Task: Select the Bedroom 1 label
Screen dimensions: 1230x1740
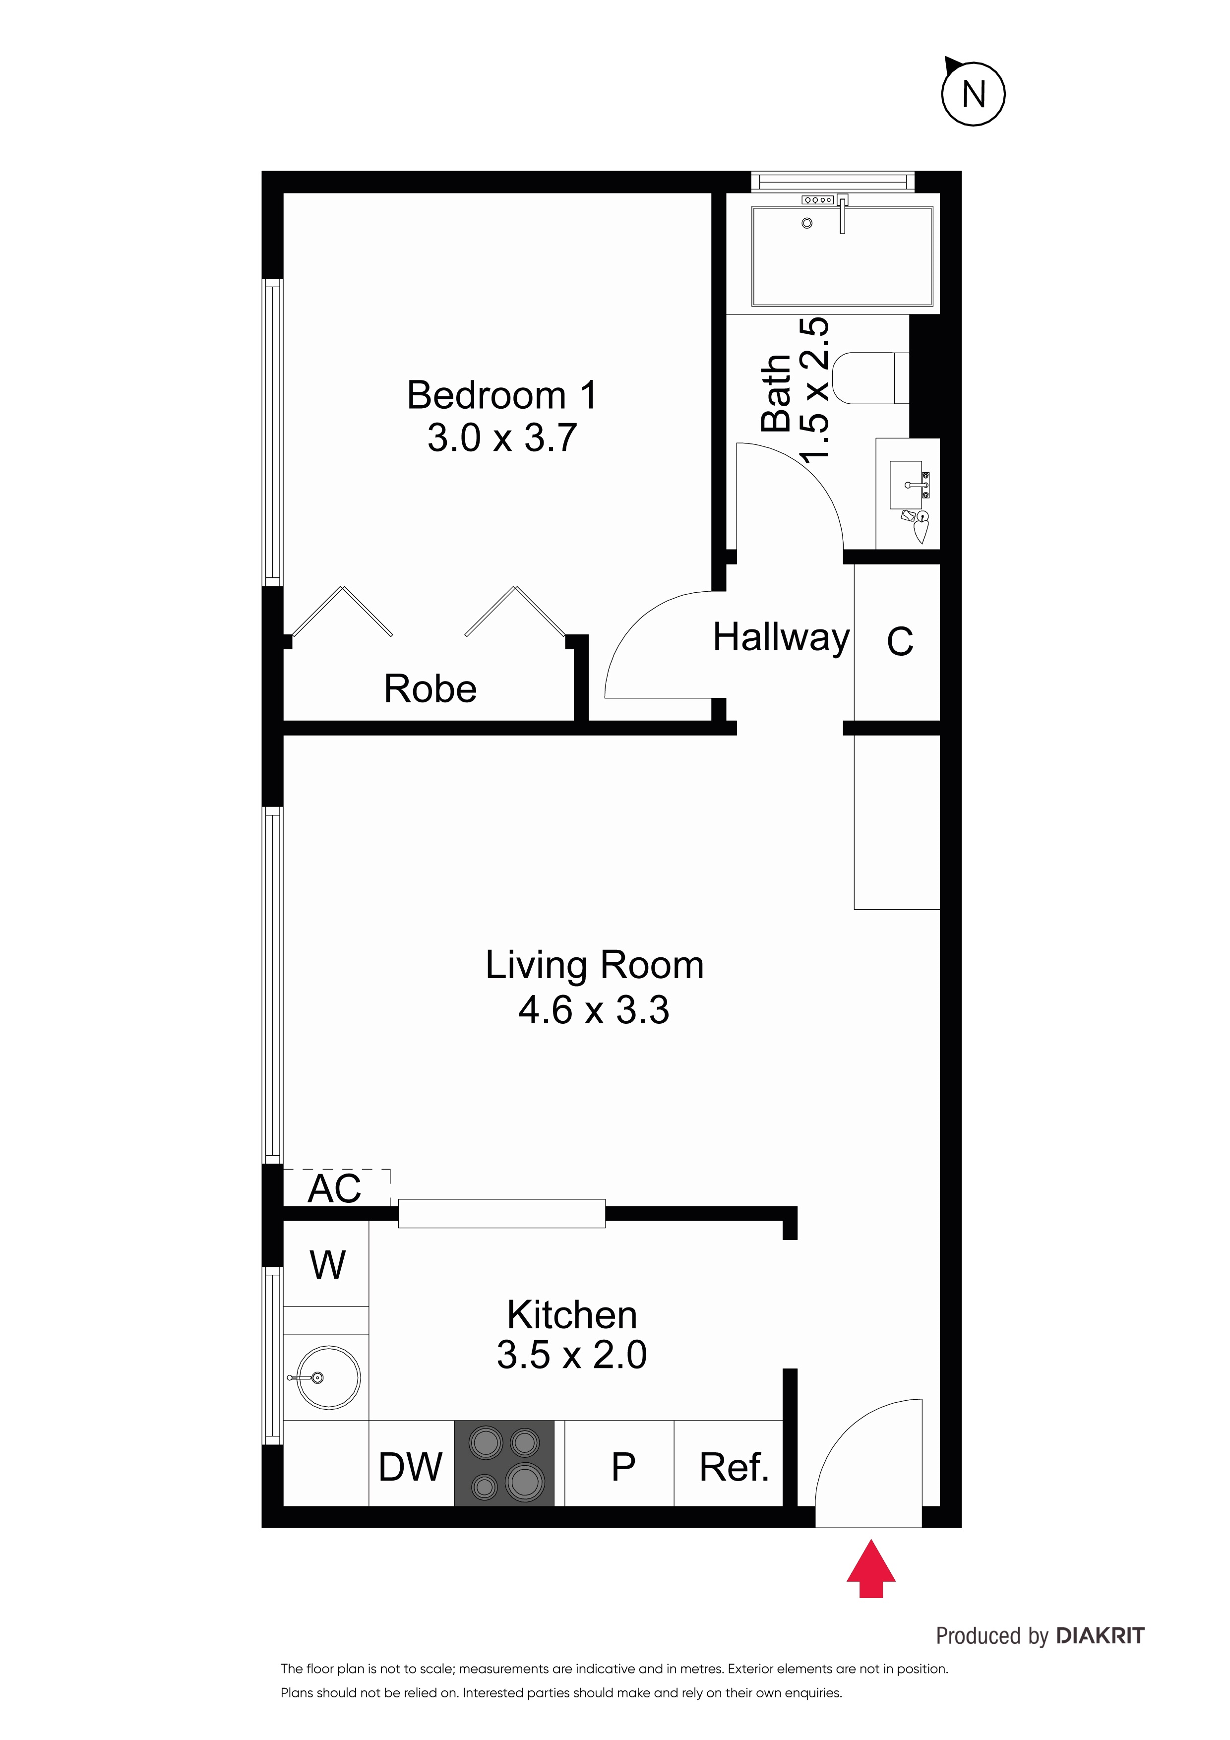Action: click(x=502, y=395)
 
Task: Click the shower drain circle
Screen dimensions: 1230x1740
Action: click(x=807, y=223)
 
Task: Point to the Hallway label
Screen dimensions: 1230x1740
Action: click(x=781, y=638)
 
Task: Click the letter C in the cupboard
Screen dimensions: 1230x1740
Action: click(x=900, y=641)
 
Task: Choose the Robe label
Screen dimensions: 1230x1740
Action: click(x=430, y=689)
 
